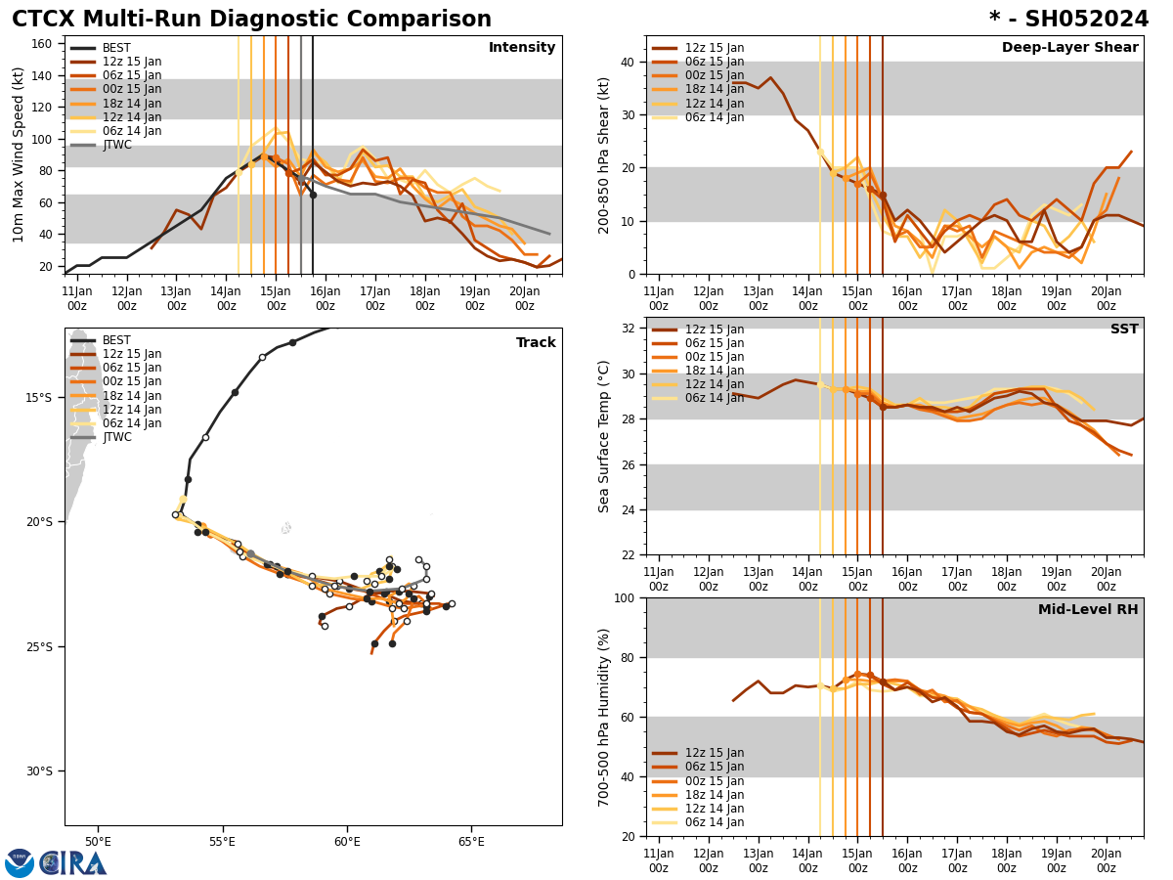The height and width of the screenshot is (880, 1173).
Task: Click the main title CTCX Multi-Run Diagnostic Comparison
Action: [251, 20]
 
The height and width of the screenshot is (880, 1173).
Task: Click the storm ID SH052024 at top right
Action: [1069, 20]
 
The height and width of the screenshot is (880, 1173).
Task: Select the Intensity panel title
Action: [522, 48]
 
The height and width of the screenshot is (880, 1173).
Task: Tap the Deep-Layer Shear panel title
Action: [1069, 48]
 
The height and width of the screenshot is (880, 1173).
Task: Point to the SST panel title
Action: [1124, 330]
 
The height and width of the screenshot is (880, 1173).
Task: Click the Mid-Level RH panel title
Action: [1088, 610]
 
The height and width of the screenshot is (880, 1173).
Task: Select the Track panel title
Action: [536, 343]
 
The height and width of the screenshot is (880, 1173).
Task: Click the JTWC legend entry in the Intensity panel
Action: [116, 145]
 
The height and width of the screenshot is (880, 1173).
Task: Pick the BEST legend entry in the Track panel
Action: [116, 340]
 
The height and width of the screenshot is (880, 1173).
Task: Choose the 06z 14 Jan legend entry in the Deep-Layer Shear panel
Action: [715, 117]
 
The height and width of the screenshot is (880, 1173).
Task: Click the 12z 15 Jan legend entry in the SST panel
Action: [715, 330]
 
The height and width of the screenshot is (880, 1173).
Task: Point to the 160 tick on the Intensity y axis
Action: [43, 43]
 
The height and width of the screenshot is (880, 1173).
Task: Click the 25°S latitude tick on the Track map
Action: [40, 646]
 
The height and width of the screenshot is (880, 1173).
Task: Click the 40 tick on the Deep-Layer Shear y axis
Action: [627, 62]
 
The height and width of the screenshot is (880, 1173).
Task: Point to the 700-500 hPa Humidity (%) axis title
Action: [605, 717]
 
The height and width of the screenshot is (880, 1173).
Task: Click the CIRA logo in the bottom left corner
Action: [56, 862]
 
